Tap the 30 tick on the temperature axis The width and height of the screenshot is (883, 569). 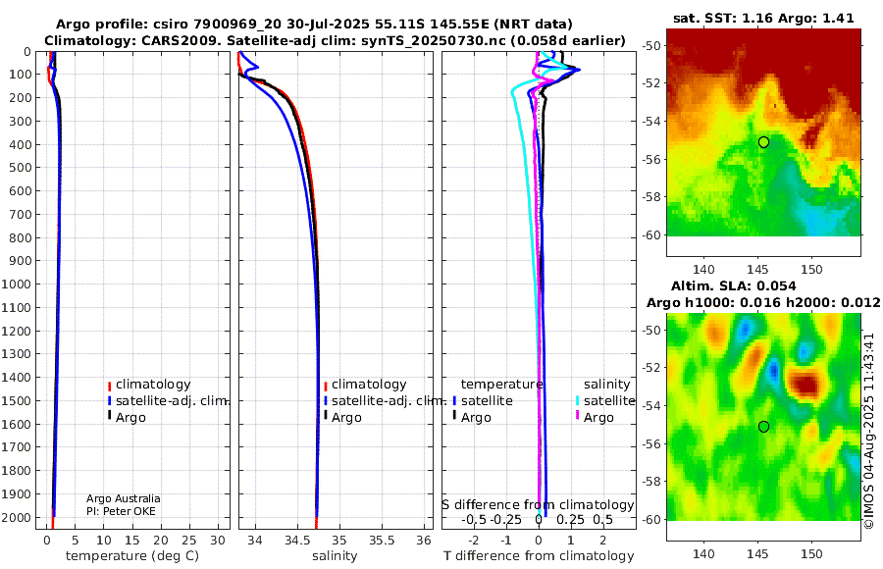coord(218,541)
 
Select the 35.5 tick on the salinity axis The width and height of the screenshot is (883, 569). coord(382,541)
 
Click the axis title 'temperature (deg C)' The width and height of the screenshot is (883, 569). coord(132,556)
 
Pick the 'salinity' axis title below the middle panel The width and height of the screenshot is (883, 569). coord(335,556)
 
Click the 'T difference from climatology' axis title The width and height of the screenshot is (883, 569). coord(539,556)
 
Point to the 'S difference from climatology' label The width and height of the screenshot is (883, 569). coord(538,505)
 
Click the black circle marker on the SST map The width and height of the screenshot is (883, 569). coord(763,142)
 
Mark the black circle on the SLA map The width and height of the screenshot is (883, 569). coord(763,427)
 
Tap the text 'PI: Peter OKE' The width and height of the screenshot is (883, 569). coord(121,511)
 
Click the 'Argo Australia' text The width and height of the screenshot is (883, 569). coord(124,498)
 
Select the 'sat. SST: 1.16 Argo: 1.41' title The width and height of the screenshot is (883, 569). coord(763,18)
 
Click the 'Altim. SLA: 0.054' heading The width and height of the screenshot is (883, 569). coord(734,286)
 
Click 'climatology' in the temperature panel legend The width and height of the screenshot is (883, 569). coord(153,385)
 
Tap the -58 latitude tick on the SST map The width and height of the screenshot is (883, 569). coord(652,197)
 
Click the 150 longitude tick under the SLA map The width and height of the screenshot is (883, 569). coord(812,553)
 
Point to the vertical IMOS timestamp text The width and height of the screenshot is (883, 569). coord(869,431)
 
